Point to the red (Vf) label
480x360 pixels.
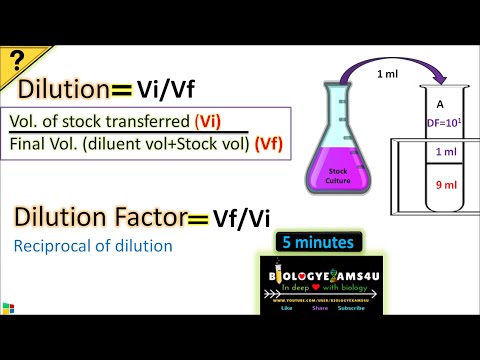coord(266,142)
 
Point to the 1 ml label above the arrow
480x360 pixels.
coord(387,74)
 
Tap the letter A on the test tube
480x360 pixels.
coord(441,104)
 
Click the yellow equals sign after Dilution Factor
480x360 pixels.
coord(195,218)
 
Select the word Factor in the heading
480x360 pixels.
coord(146,216)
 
